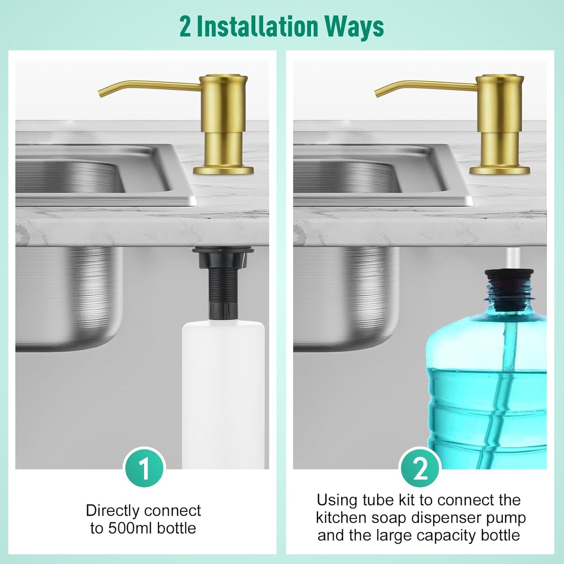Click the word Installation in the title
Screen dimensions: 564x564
257,27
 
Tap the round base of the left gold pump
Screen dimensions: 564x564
223,170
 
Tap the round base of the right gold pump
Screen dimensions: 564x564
500,170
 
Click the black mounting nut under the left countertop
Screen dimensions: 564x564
223,258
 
